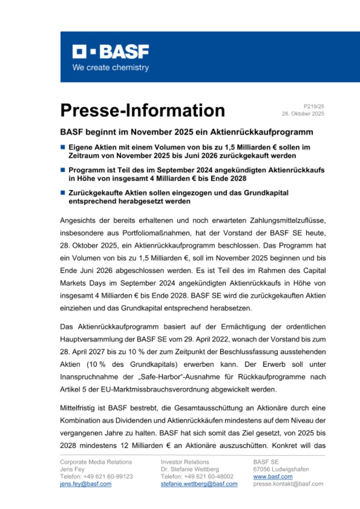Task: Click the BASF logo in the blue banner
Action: point(111,52)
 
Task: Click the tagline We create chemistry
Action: point(110,68)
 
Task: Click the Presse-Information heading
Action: point(142,110)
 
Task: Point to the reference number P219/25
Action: point(314,106)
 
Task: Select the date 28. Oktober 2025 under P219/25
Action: point(303,114)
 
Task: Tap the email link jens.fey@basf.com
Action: point(86,484)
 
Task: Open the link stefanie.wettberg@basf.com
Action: point(199,484)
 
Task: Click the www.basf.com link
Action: point(272,476)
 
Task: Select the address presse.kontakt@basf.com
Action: point(288,484)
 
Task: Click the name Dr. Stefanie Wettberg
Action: point(190,469)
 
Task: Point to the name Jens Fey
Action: point(72,469)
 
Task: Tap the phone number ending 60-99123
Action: point(96,476)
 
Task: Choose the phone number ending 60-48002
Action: point(197,476)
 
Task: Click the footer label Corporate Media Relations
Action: point(96,462)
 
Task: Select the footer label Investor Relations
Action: point(185,462)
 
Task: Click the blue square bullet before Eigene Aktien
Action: point(62,147)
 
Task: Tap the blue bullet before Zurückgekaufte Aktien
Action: point(62,193)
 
